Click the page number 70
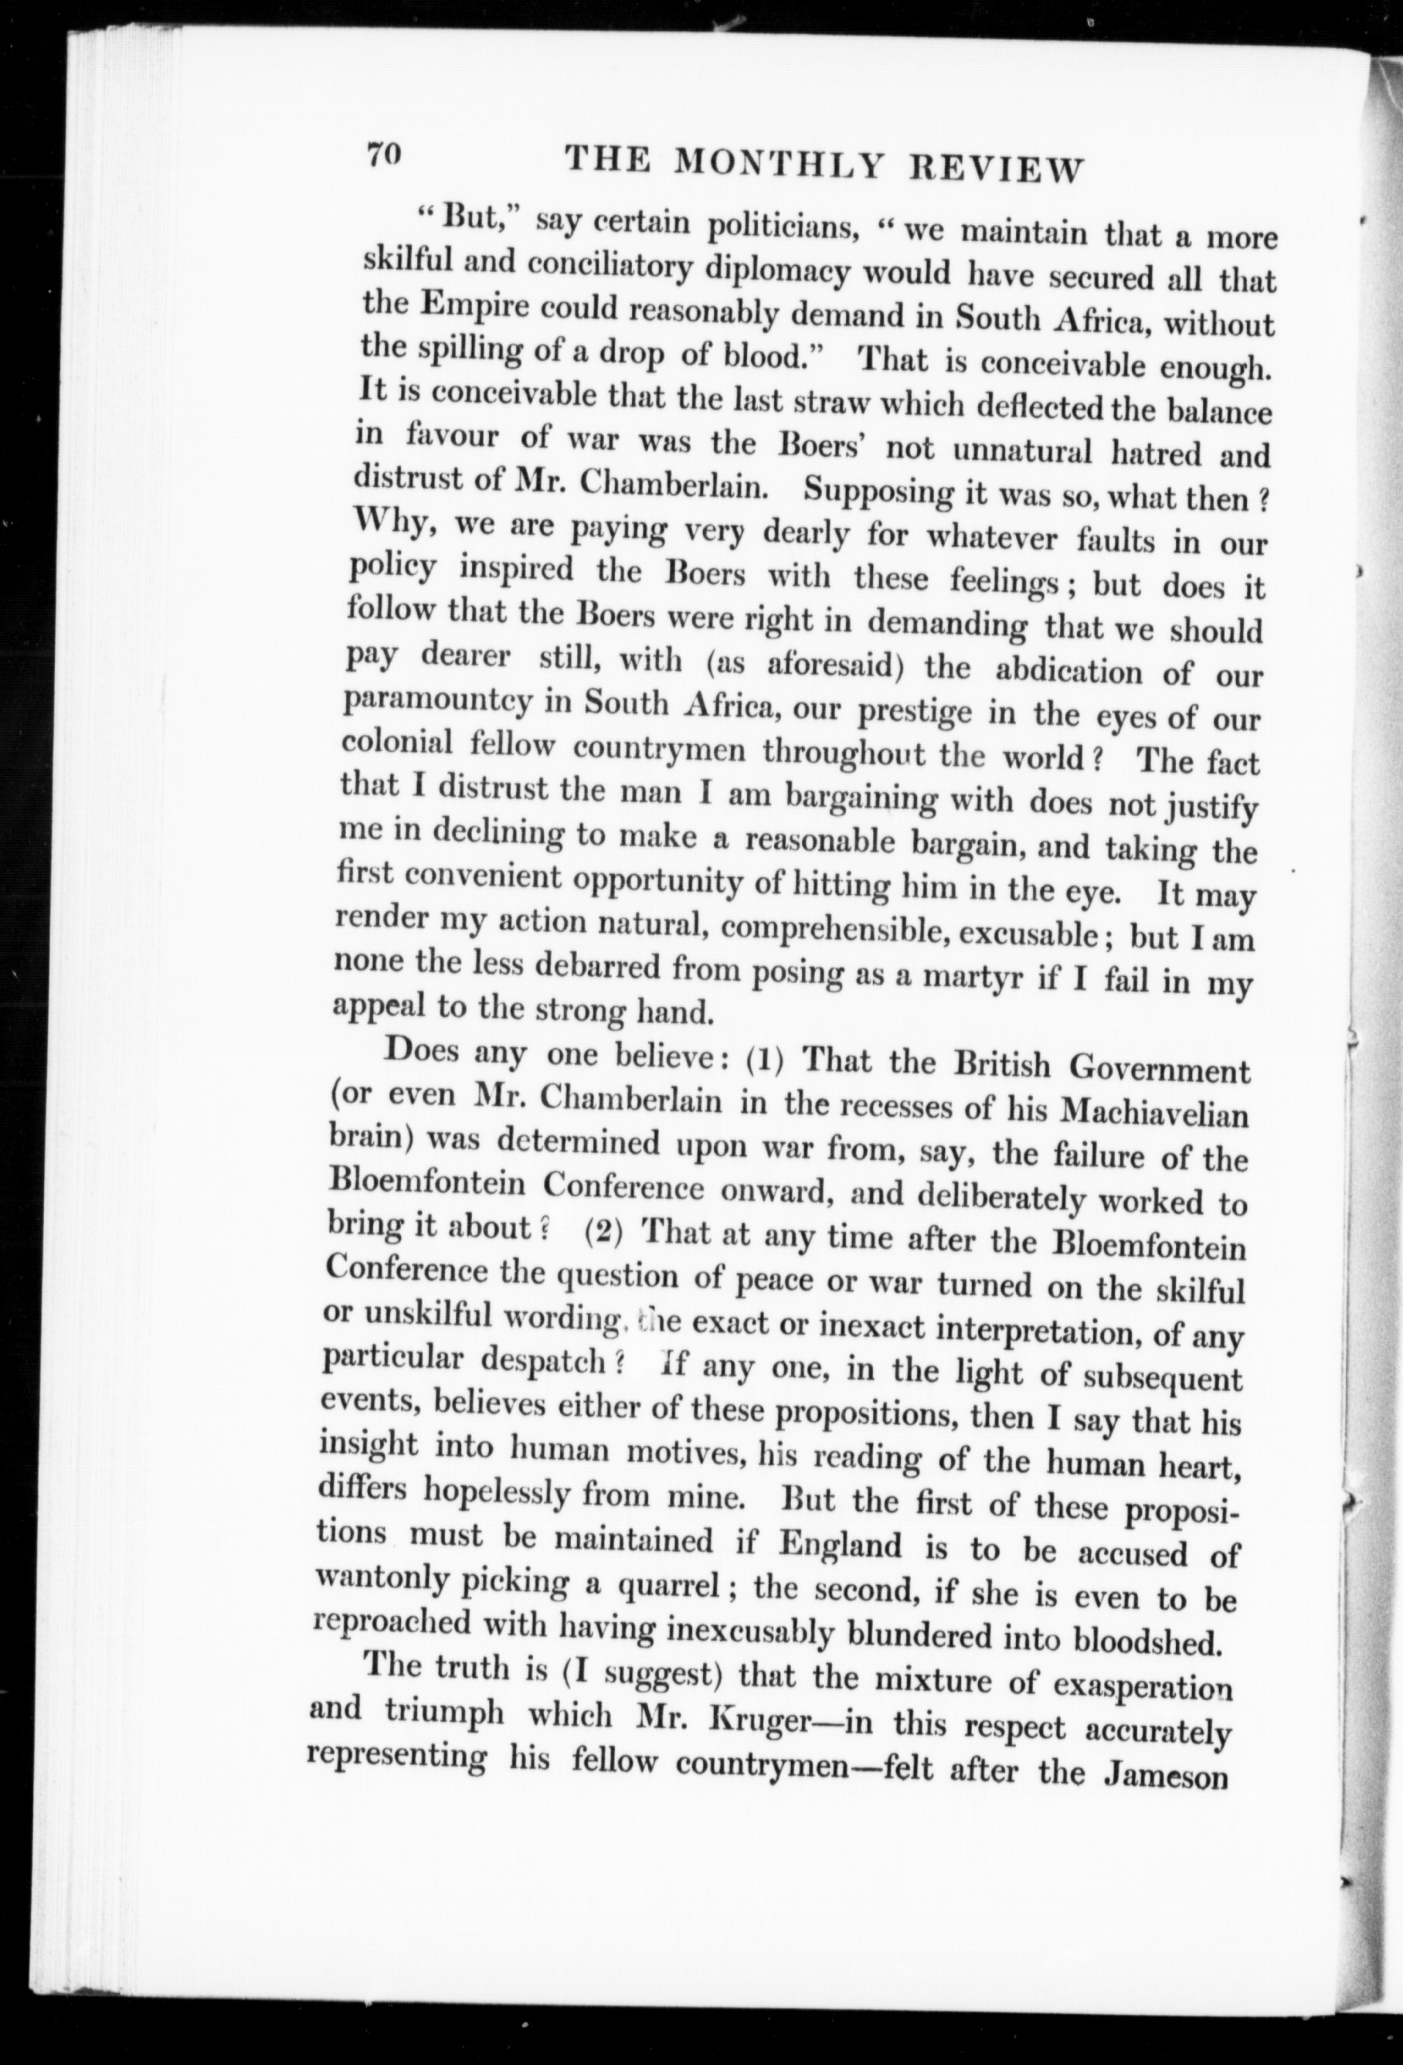pos(385,155)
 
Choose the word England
pos(839,1545)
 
